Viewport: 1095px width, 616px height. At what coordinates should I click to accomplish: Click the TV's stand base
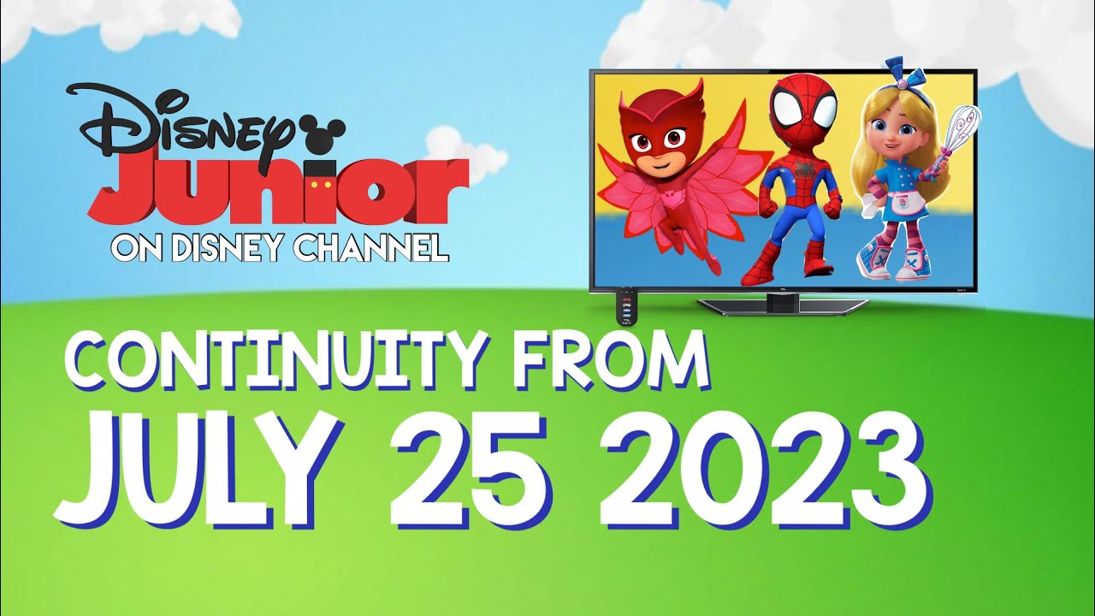point(783,304)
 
